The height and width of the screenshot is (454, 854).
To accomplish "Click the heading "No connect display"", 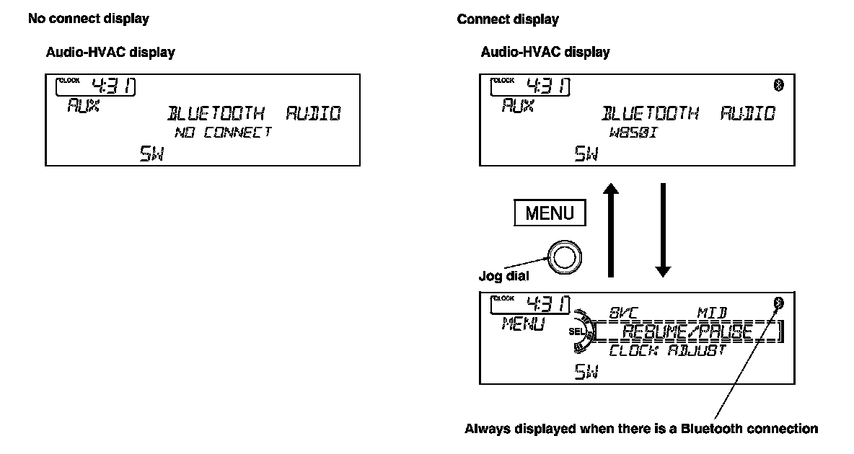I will (89, 19).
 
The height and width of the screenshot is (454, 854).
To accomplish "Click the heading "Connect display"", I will (508, 19).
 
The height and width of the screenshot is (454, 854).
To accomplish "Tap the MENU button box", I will (550, 213).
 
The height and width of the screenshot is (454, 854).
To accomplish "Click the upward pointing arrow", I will (611, 231).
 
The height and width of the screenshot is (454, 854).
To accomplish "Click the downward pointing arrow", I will (662, 231).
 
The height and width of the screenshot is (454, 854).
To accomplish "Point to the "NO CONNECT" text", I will (223, 132).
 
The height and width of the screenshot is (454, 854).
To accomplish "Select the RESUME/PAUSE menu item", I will (687, 332).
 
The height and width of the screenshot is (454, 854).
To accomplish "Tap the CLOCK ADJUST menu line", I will (667, 351).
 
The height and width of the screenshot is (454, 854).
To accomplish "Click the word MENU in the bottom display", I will (523, 325).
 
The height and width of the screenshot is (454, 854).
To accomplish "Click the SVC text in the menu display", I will (625, 314).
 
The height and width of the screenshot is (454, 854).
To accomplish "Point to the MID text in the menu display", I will (712, 314).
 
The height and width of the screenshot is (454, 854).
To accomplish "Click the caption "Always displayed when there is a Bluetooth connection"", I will (640, 429).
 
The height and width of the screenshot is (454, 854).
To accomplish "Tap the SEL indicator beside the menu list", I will (575, 331).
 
